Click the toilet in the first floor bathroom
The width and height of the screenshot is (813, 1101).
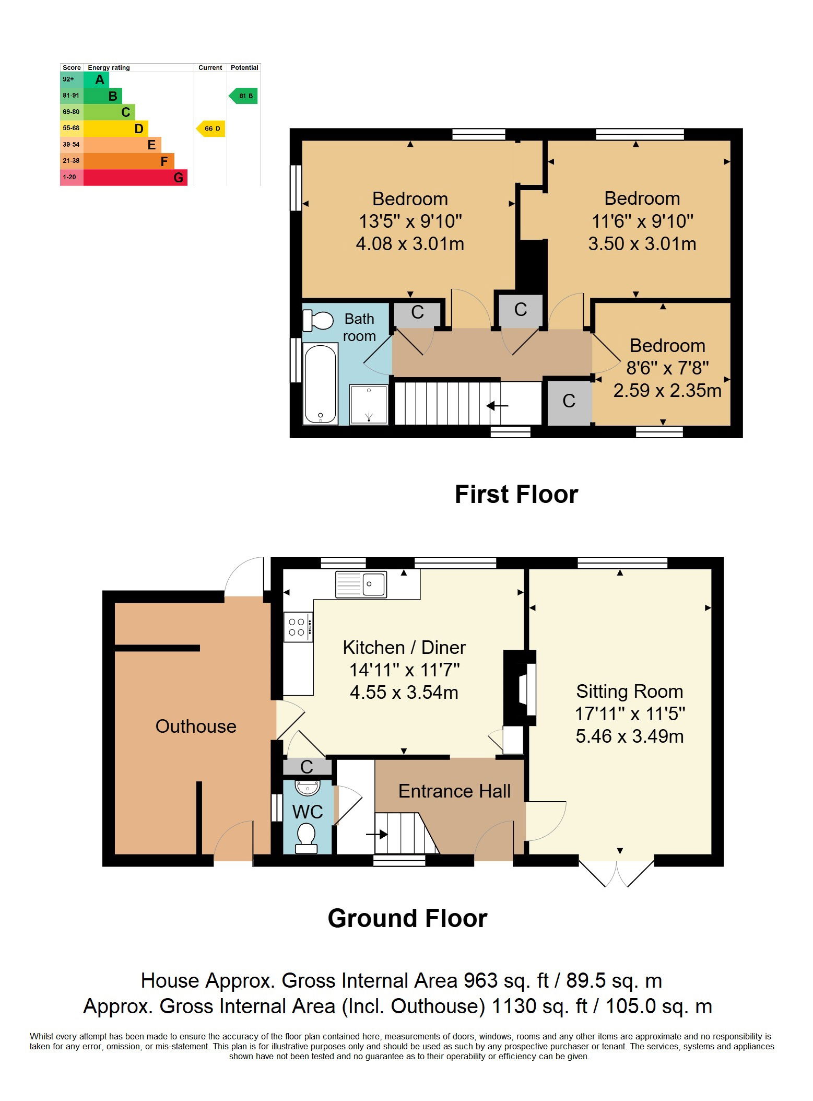[318, 320]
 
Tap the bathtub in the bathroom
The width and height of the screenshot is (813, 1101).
[320, 383]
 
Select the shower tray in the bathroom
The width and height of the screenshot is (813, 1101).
[369, 405]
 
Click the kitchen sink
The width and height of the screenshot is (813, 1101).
[361, 584]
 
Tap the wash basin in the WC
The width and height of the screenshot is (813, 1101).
[308, 787]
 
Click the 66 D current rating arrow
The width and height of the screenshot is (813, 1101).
[210, 128]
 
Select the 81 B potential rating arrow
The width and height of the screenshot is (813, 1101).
[243, 96]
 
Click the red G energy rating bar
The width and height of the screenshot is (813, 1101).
[135, 177]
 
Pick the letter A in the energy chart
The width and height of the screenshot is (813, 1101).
[100, 80]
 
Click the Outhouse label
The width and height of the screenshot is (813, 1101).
[196, 727]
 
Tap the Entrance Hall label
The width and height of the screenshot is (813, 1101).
[454, 791]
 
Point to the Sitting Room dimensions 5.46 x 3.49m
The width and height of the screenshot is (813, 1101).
[630, 736]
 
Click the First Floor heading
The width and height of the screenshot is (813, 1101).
[516, 494]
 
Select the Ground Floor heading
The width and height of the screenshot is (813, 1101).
[407, 918]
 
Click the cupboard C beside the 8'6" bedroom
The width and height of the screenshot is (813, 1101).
[569, 401]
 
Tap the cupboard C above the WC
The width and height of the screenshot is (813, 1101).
[307, 767]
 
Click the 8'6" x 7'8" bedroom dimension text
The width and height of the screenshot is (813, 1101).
[668, 368]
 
